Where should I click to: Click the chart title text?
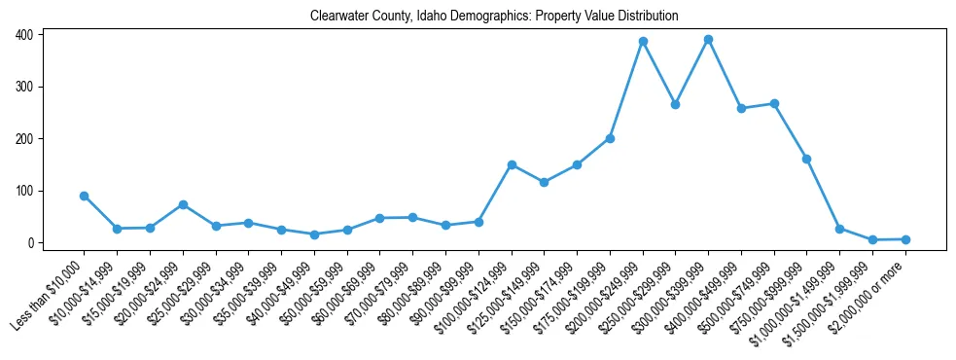493,17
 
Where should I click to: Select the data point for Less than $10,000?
85,196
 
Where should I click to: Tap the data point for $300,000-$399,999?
708,40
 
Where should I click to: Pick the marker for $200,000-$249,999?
643,42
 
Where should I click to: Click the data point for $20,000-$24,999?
183,204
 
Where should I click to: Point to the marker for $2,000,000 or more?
905,239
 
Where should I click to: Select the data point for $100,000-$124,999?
512,164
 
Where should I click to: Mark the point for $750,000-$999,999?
806,159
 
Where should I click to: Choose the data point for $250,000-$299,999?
675,104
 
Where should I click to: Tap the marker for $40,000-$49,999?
314,234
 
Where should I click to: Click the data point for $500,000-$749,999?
774,103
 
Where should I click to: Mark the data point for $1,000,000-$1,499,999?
839,229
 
